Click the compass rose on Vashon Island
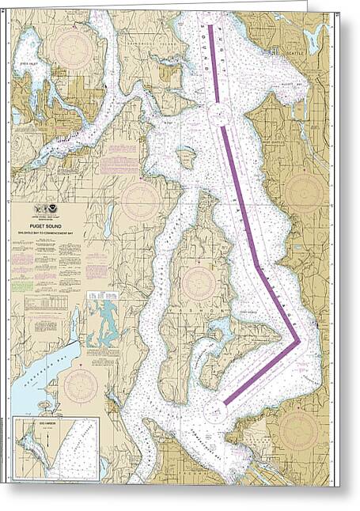pos(198,281)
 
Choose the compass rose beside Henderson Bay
pos(81,384)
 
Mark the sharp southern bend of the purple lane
pos(297,343)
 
